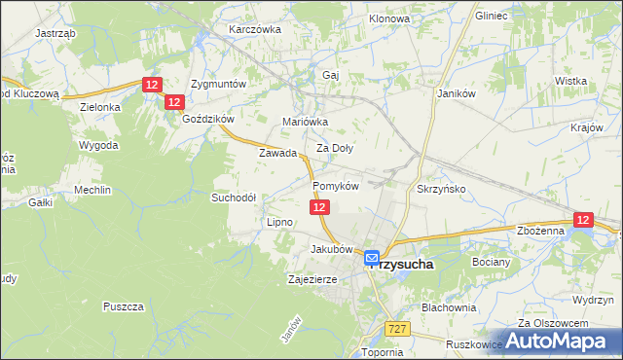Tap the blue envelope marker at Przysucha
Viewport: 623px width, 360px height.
click(372, 258)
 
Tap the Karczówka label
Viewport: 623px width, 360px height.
click(254, 29)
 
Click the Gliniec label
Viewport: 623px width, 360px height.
click(493, 16)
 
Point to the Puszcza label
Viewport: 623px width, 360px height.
click(123, 306)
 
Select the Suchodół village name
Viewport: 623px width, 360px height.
click(234, 197)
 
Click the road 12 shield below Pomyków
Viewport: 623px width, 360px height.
click(320, 207)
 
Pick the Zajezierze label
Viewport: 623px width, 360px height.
click(311, 279)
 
